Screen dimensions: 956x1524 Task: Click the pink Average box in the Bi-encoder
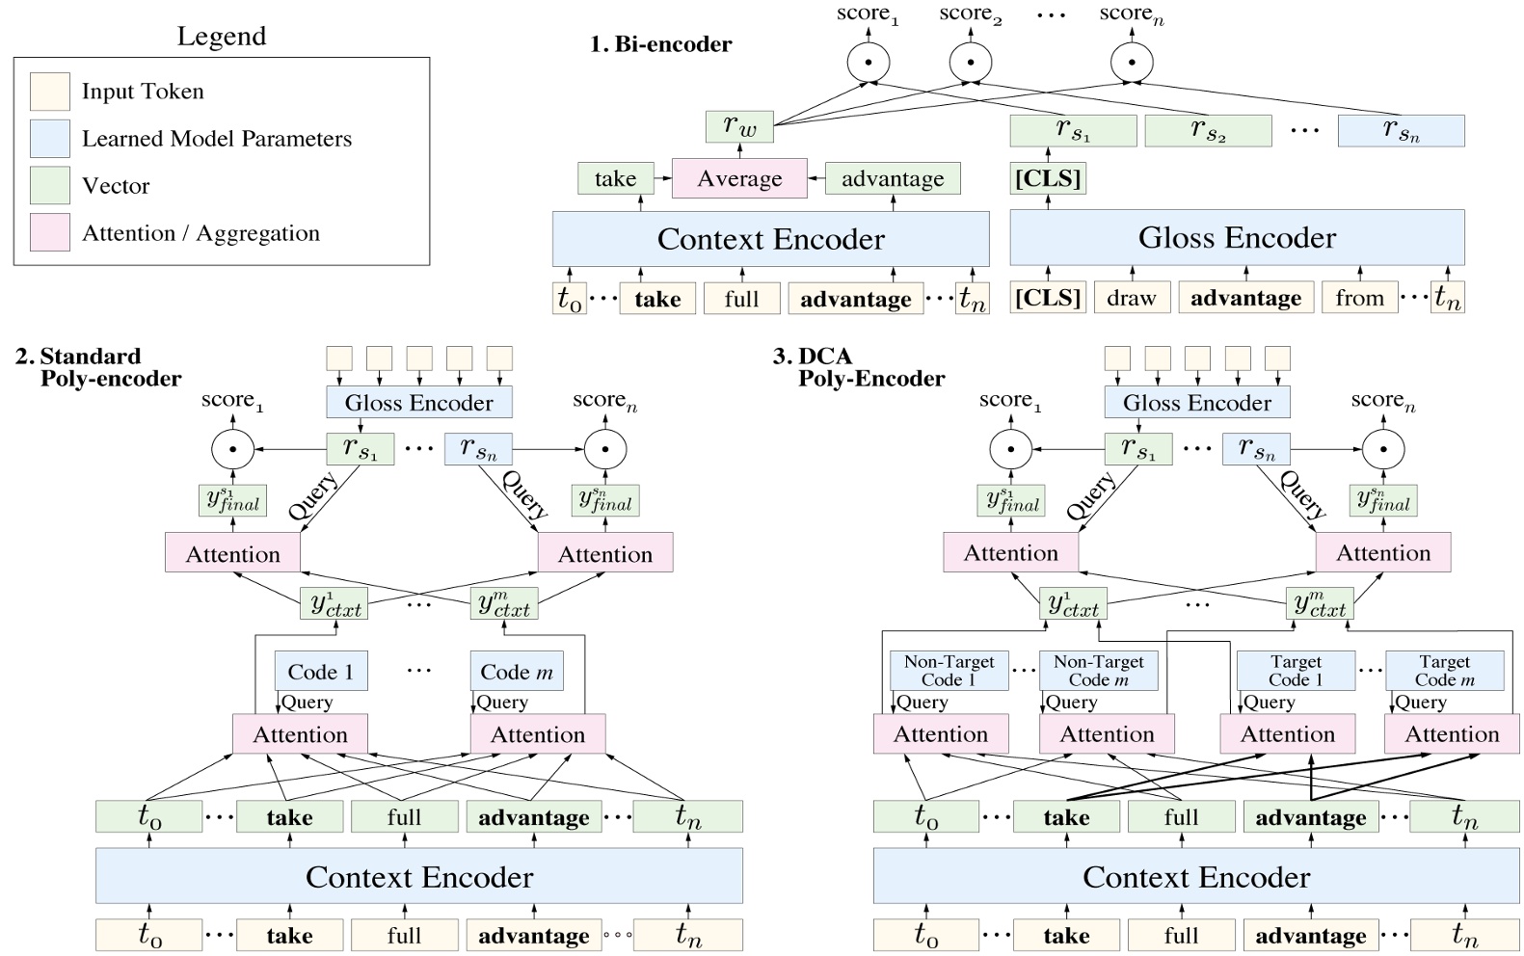tap(739, 179)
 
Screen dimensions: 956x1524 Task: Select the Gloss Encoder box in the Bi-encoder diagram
tap(1237, 238)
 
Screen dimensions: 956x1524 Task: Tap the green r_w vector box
tap(739, 126)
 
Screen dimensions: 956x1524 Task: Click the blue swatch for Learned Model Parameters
tap(49, 139)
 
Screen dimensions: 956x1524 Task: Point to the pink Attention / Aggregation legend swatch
tap(49, 233)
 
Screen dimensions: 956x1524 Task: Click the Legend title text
tap(221, 37)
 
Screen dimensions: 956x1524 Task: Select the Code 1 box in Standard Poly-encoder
tap(321, 672)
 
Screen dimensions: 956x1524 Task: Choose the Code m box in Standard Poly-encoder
tap(517, 672)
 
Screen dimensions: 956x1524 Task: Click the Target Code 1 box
tap(1296, 671)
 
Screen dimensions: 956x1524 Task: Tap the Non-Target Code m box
tap(1098, 671)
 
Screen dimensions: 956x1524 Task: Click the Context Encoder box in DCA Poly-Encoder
tap(1196, 877)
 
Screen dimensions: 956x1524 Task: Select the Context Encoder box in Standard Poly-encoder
tap(418, 877)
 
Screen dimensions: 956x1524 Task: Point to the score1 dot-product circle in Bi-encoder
tap(869, 63)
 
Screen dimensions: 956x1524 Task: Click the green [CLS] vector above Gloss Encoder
tap(1048, 178)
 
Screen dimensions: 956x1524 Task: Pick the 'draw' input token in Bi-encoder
tap(1131, 299)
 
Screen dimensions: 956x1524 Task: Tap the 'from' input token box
tap(1359, 299)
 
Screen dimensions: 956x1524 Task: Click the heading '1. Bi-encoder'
tap(660, 44)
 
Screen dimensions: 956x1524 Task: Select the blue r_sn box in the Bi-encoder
tap(1401, 131)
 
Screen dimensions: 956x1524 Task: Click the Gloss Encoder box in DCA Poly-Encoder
tap(1196, 403)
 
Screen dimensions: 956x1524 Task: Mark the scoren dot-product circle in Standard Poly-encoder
tap(605, 449)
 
